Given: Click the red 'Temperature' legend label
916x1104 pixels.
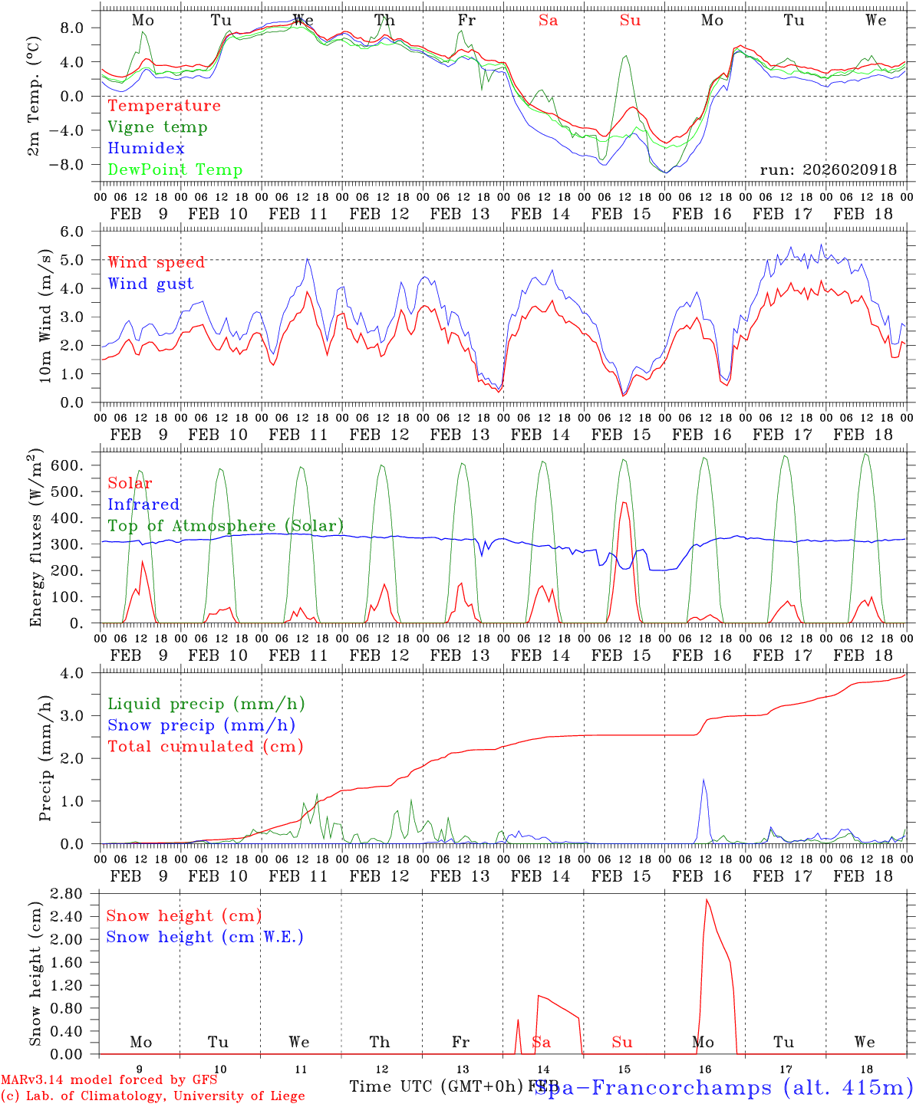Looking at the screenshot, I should (x=164, y=106).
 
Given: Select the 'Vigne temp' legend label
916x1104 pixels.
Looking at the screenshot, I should (x=157, y=127).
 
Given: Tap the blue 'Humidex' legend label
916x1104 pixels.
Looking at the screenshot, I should (x=147, y=149).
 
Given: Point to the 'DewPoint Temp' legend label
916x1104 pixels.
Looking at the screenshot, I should (x=175, y=170).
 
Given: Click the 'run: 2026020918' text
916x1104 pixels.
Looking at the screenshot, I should (x=828, y=170).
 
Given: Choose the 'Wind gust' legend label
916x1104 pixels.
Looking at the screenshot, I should (x=151, y=284).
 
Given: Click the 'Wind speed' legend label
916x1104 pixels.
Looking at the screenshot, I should (x=157, y=262).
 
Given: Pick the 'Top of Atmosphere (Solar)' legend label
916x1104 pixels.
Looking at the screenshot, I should (x=226, y=526).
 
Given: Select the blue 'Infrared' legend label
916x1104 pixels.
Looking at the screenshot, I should (x=143, y=504).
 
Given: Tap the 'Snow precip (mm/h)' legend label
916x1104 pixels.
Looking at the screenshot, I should (x=202, y=725).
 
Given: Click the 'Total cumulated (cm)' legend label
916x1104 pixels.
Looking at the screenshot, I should (x=206, y=747).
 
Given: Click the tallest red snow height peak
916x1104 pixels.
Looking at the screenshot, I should (x=707, y=900).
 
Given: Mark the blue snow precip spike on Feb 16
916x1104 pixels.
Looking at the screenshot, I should (x=703, y=781).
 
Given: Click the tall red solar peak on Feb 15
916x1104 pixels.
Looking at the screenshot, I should (x=624, y=503).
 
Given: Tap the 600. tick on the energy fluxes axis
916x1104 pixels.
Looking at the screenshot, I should (x=79, y=466).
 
